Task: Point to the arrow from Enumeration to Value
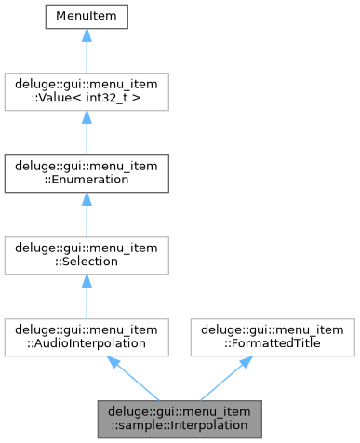86,131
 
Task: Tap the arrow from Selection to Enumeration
86,213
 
